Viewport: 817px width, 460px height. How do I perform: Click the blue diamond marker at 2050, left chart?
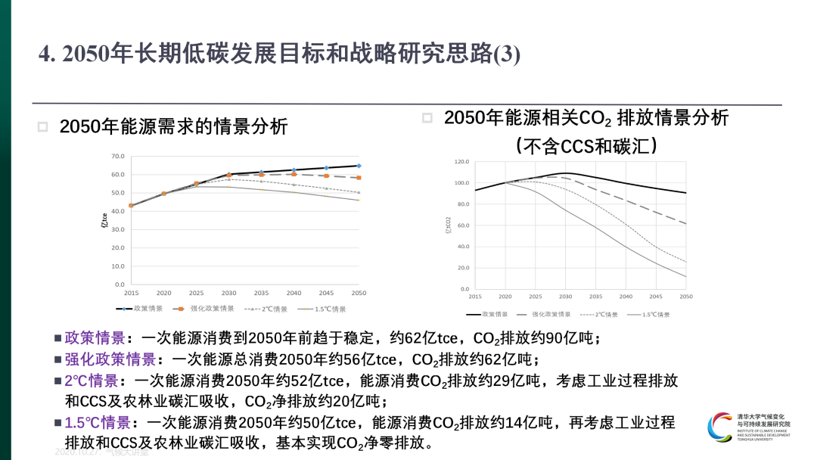pos(359,166)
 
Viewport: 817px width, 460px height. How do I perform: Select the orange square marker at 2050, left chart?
pos(359,178)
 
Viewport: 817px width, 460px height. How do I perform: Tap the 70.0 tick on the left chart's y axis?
pos(117,157)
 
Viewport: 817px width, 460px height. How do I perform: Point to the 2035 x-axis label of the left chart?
pos(261,293)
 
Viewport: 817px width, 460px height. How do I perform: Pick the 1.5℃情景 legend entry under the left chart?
pos(327,309)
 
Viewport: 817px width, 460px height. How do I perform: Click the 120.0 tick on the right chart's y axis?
pos(461,162)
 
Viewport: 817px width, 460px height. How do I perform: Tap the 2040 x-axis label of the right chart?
pos(626,297)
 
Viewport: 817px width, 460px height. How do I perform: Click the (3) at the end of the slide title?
pos(506,54)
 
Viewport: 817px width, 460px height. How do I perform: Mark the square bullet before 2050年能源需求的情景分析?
pos(43,127)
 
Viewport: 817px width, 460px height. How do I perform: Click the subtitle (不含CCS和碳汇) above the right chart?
pos(586,145)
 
